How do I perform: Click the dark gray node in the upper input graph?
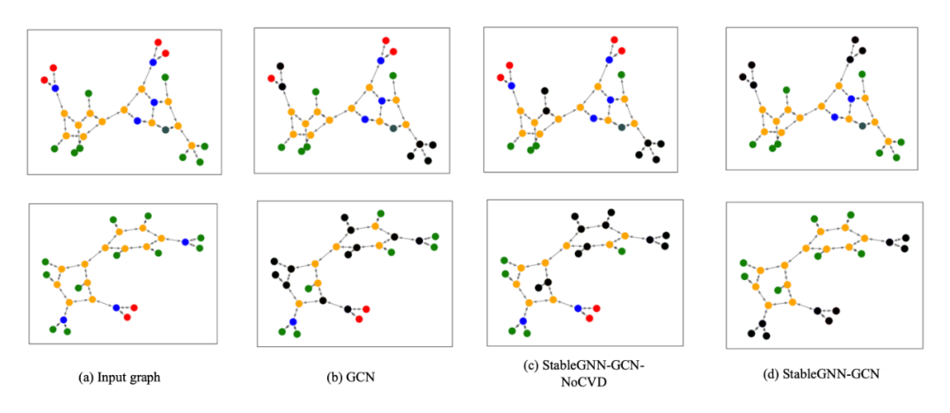(165, 129)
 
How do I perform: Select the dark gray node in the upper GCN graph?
(393, 128)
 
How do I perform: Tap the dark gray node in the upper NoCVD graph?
(622, 127)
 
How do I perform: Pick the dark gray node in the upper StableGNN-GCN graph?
(863, 125)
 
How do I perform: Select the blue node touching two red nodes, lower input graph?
(116, 307)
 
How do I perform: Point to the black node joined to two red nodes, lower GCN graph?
(347, 310)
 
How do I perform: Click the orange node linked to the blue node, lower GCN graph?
(299, 303)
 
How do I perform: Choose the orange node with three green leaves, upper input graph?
(191, 145)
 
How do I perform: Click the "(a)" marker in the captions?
(85, 377)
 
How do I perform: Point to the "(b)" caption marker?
(335, 377)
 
